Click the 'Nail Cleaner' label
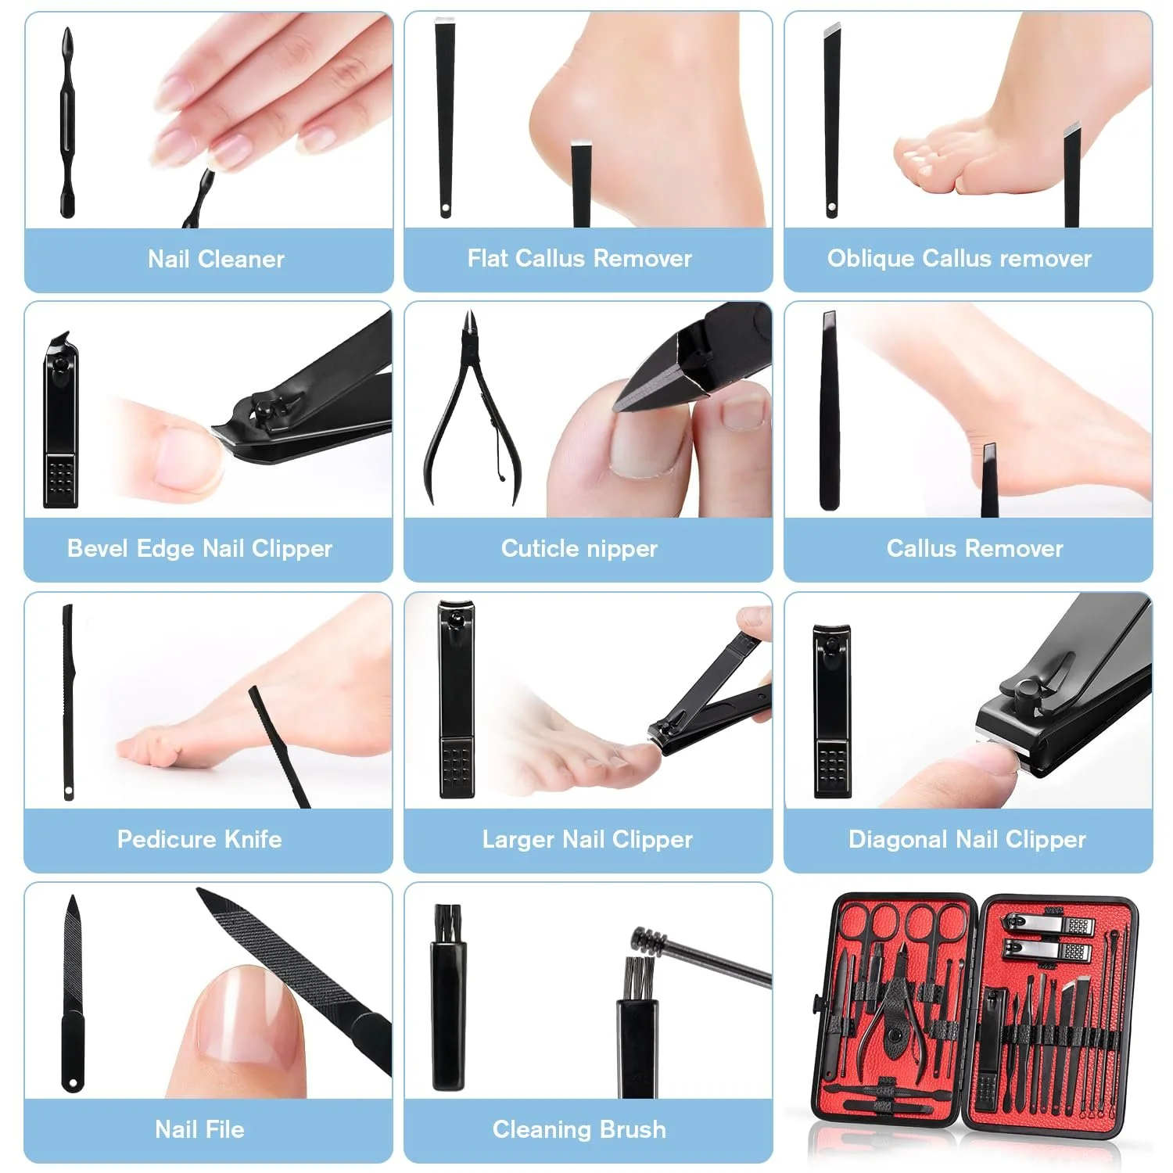216,259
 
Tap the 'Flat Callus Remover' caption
579,258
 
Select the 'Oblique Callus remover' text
960,259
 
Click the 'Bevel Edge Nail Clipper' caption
199,549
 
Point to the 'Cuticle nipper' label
579,549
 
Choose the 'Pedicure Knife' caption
199,839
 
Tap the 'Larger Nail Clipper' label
587,840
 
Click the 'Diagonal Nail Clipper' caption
967,840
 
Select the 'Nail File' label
199,1129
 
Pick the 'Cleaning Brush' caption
579,1130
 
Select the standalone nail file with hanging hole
73,994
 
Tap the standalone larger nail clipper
457,699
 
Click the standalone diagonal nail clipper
832,711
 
